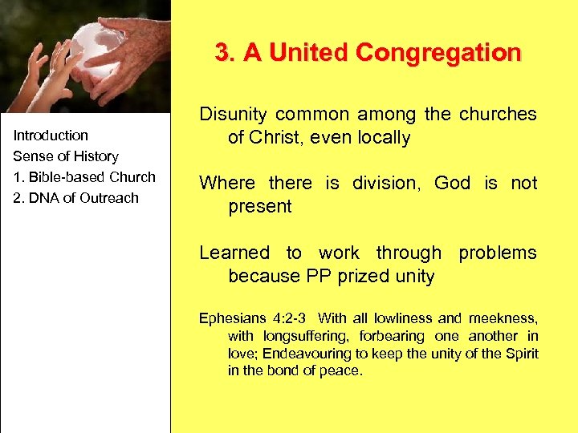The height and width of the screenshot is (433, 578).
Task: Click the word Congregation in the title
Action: point(438,53)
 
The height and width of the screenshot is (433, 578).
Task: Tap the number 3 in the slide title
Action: point(222,53)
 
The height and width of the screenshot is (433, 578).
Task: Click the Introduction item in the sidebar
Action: point(51,135)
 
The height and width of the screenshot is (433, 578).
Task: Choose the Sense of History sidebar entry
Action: point(66,156)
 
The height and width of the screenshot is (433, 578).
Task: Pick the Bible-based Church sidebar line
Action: point(84,176)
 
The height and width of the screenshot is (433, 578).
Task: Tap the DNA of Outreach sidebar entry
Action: point(76,197)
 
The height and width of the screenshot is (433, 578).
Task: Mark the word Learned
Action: point(234,253)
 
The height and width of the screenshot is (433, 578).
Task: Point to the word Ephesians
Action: point(232,318)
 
